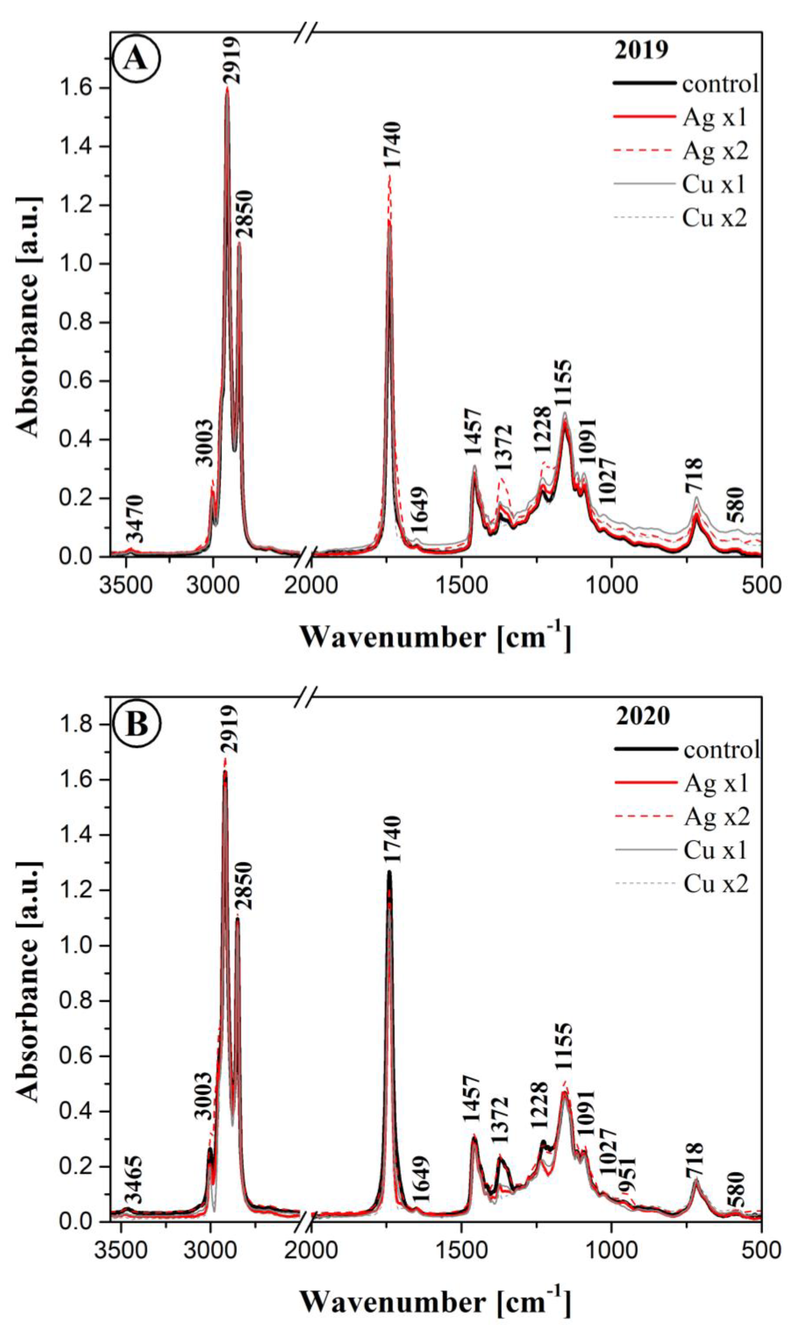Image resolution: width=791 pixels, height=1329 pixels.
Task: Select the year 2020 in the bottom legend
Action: point(643,716)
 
